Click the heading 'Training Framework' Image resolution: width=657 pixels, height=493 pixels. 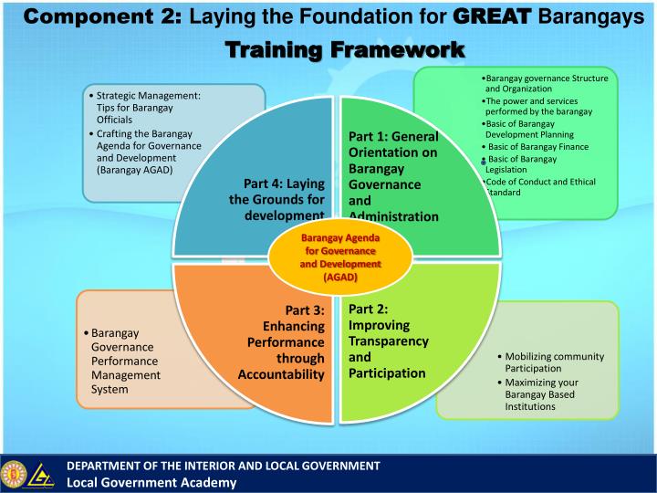pos(346,48)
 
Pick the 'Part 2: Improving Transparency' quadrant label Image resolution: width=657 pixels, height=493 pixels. pos(388,341)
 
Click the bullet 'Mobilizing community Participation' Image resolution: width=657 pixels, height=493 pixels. pos(546,362)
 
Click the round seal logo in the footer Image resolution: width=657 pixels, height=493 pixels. pos(14,473)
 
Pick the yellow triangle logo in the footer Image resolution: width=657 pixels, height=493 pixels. pos(42,474)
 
